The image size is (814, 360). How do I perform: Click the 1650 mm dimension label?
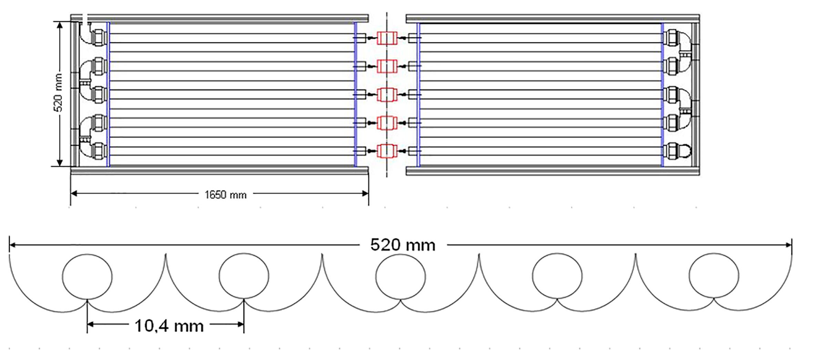tap(225, 195)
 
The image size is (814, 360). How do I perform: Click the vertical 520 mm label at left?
tap(59, 93)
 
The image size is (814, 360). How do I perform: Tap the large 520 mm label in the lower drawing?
tap(403, 245)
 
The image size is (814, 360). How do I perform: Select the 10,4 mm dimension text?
tap(169, 326)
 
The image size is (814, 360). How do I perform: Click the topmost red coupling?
tap(387, 38)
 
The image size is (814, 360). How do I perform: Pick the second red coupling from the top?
tap(387, 66)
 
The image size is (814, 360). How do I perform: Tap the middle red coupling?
tap(387, 94)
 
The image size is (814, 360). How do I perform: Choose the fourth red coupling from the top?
tap(387, 122)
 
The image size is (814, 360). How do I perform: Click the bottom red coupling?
tap(387, 151)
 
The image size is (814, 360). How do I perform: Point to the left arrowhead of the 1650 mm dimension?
tap(74, 194)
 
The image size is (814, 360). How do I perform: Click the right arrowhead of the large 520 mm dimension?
tap(788, 245)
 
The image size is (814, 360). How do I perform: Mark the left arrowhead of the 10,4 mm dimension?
tap(90, 324)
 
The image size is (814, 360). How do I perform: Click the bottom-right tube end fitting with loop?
tap(677, 151)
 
